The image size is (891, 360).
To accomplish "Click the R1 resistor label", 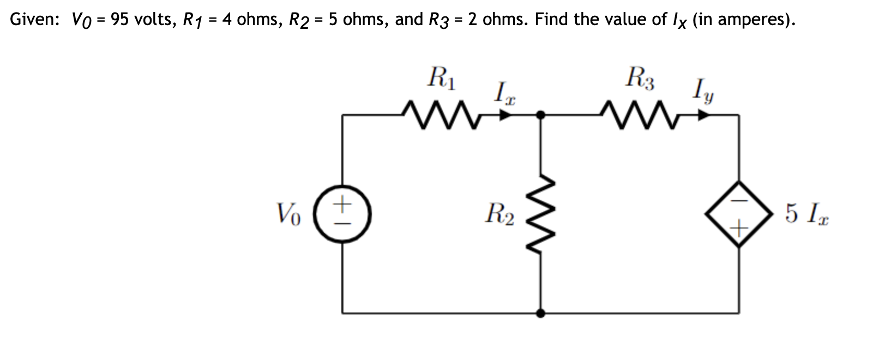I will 443,78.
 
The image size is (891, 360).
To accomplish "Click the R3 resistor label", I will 641,78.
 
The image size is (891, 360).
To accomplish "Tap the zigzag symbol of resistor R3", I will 639,115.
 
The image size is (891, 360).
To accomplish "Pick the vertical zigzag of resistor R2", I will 541,213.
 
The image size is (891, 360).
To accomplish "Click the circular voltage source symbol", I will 342,213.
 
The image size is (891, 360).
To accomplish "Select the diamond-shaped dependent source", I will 739,213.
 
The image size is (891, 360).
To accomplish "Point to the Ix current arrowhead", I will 506,115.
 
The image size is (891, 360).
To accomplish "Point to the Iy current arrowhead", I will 705,115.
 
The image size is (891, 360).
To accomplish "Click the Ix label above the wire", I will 504,93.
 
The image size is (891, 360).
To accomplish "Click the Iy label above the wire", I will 703,91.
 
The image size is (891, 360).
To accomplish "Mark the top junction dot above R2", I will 541,115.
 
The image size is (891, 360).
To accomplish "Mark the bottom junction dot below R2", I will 541,313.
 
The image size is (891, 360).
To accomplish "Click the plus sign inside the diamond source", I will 739,224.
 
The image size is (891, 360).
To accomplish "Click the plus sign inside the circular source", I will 342,205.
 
